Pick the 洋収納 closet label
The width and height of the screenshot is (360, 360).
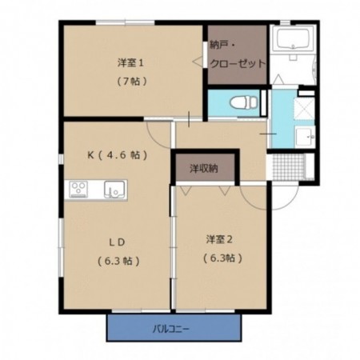coord(205,169)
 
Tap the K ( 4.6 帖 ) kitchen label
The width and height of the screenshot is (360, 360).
coord(117,154)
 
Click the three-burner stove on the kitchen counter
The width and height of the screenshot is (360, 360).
coord(79,189)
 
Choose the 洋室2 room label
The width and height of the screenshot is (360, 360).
coord(218,239)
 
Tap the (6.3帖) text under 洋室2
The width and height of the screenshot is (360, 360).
coord(219,258)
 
